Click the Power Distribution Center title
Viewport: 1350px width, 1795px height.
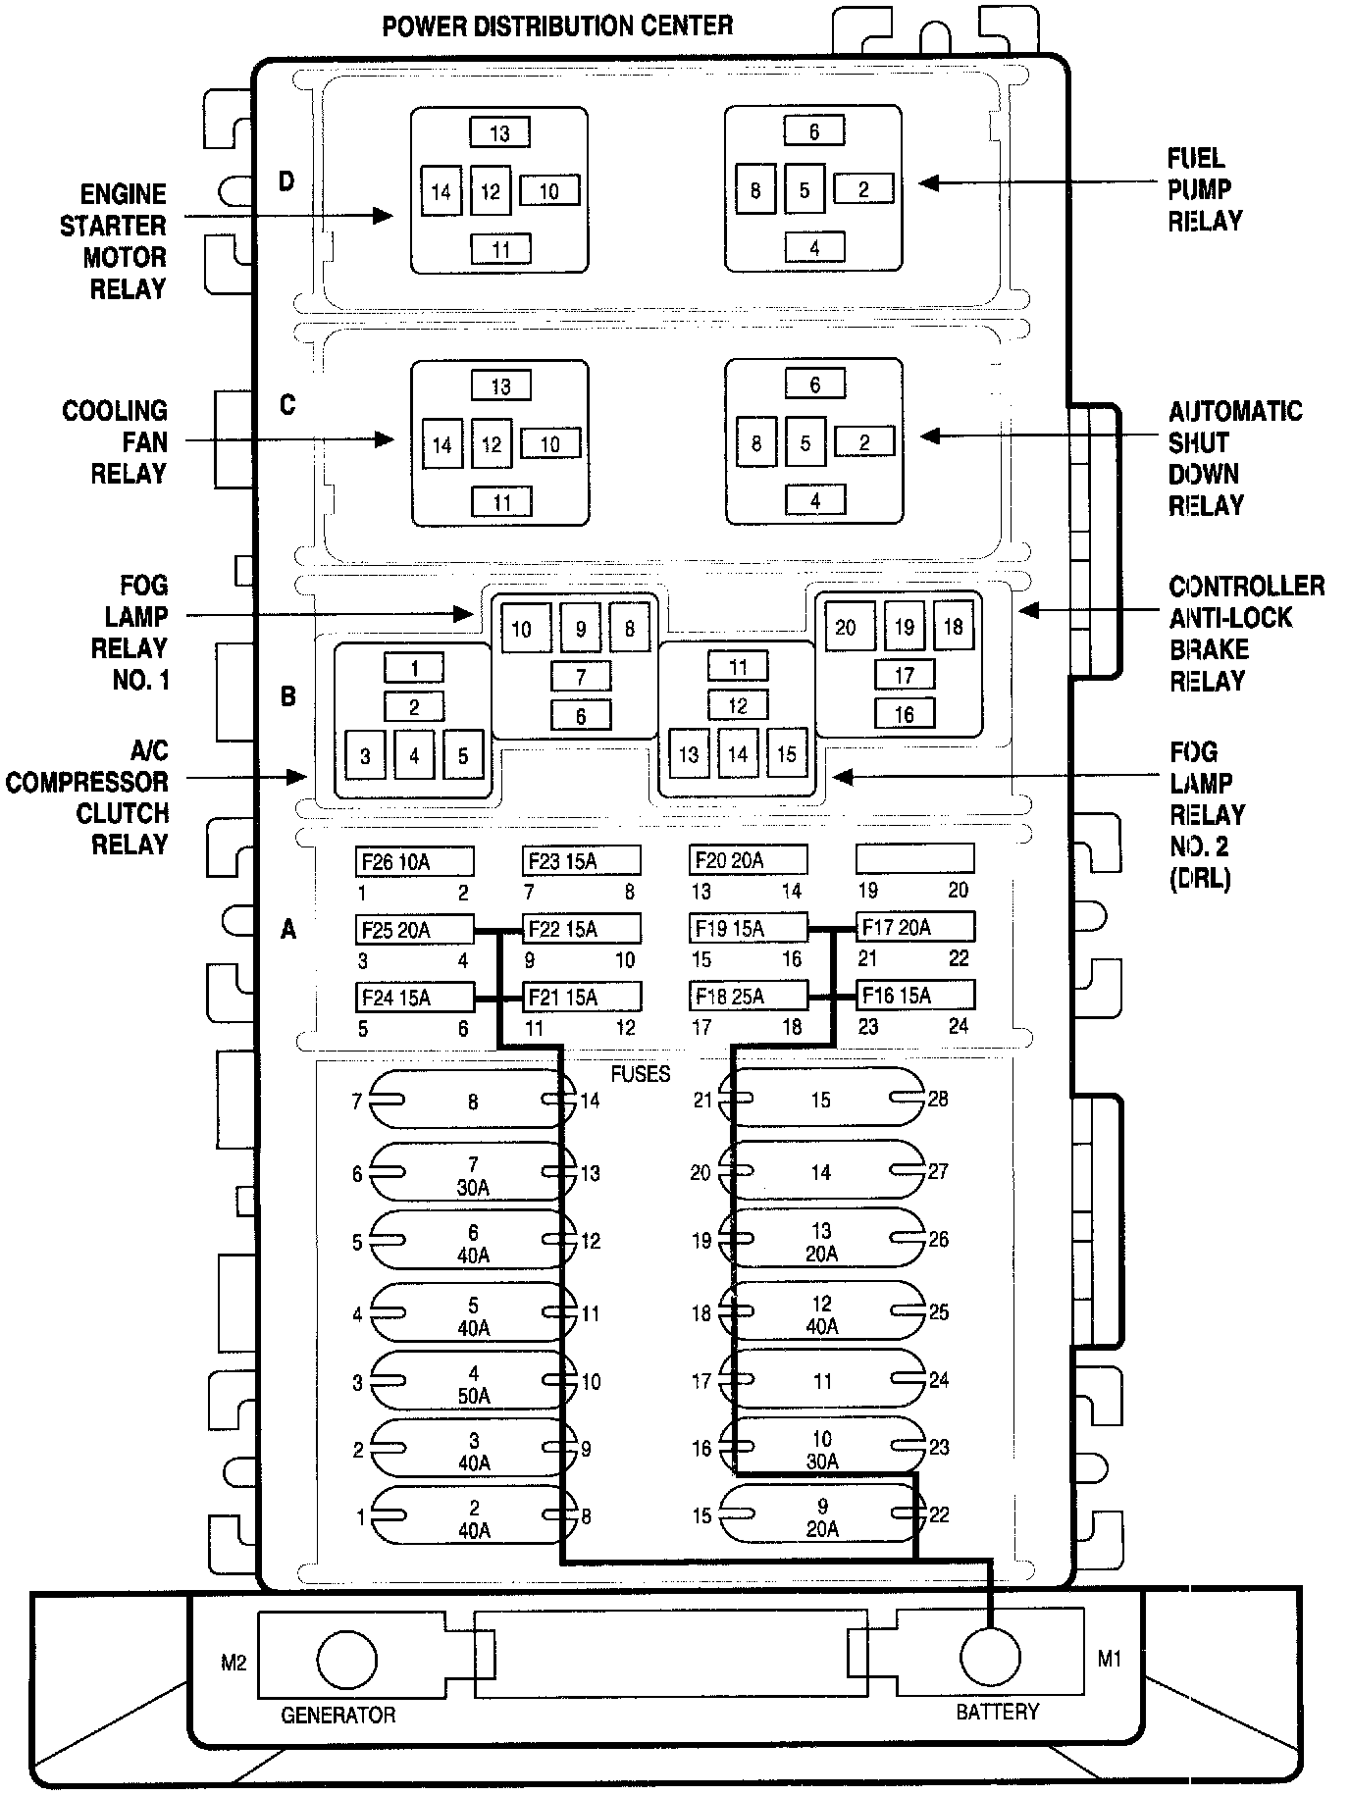557,26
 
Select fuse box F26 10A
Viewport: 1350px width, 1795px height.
414,861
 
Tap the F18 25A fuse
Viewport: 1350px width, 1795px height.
748,996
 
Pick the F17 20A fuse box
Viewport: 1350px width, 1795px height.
914,927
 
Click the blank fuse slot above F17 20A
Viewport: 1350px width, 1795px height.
914,859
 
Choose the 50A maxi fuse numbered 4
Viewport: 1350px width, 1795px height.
473,1383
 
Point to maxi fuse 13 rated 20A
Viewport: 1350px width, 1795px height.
821,1242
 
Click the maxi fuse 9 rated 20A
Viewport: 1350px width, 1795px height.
821,1515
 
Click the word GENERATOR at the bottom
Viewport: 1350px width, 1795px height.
337,1715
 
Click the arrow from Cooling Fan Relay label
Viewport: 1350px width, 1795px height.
289,440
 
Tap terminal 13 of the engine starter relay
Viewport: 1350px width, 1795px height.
499,132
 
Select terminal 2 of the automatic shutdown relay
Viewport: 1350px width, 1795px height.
864,441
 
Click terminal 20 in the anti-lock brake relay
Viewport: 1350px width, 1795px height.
846,627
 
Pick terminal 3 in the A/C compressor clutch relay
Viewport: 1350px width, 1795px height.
365,755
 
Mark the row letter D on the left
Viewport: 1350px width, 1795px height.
286,180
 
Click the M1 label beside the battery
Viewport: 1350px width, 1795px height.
1109,1659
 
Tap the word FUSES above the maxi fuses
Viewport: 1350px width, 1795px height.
640,1073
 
